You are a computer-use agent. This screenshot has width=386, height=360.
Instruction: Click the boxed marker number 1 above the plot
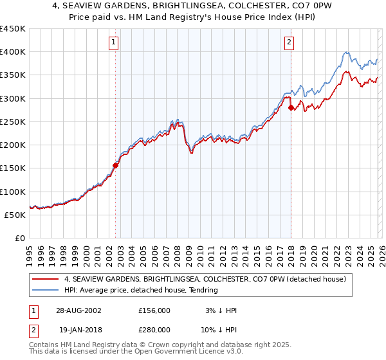[x=113, y=43]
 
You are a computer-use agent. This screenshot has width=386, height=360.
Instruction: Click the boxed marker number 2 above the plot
[x=289, y=43]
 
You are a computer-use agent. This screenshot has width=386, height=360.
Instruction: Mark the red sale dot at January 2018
[x=291, y=107]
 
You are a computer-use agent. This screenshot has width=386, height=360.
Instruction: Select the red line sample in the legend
[x=46, y=279]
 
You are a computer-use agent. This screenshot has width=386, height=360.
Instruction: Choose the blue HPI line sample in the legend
[x=46, y=290]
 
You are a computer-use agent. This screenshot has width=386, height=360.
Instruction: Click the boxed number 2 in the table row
[x=33, y=329]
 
